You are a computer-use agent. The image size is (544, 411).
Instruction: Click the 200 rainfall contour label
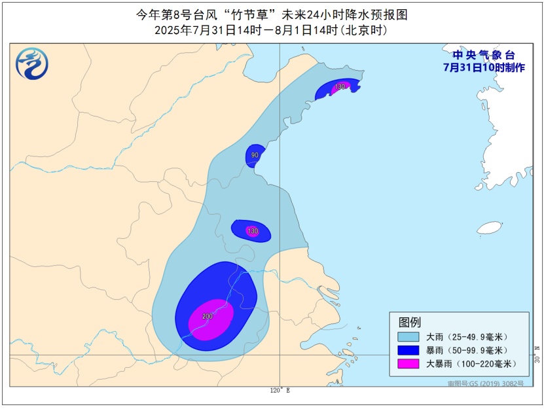208,317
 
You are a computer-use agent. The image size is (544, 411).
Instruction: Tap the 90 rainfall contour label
255,155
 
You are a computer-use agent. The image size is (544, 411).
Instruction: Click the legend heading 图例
410,322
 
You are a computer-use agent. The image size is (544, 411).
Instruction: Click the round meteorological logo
32,64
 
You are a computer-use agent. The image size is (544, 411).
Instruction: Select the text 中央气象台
483,55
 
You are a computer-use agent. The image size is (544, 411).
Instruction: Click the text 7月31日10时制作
483,67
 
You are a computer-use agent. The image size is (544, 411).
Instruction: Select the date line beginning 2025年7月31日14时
271,30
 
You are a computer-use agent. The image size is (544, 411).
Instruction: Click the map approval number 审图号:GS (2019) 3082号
486,384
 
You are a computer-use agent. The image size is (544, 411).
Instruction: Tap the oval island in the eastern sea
490,228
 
